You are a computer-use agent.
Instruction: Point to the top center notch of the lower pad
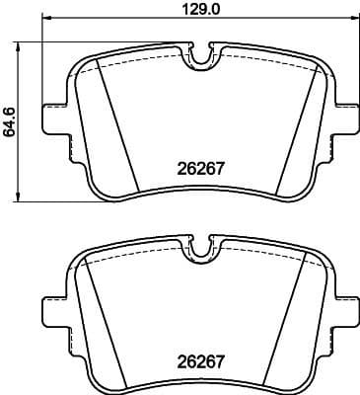tap(202, 251)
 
